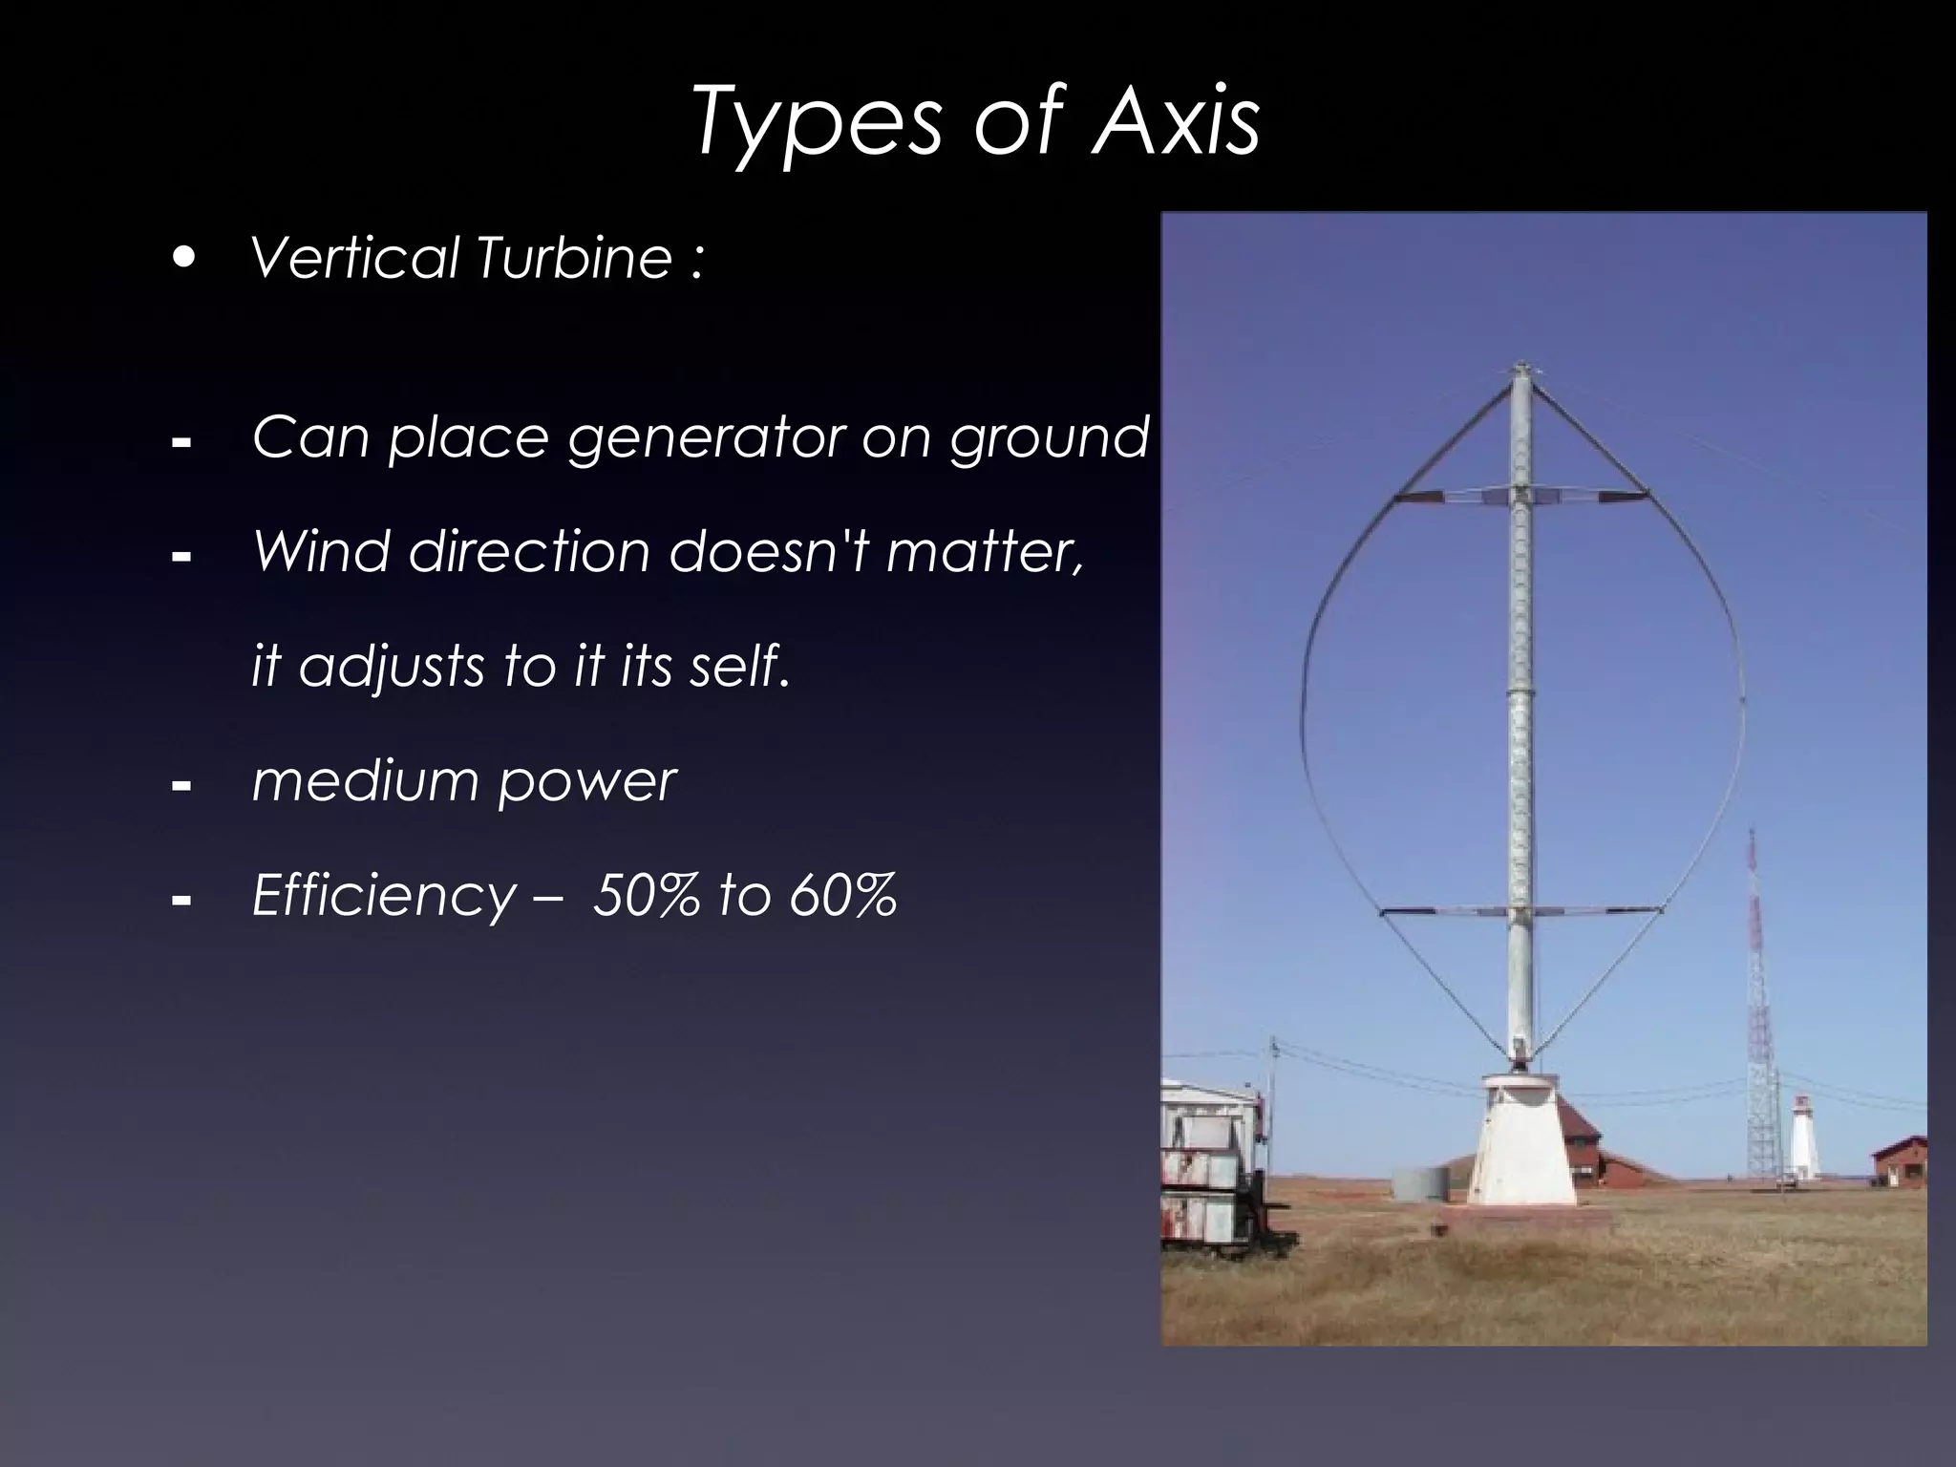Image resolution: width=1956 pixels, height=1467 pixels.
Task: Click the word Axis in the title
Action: click(1177, 122)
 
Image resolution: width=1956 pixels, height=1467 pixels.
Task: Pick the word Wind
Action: click(320, 551)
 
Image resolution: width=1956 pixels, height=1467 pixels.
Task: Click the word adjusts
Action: click(393, 666)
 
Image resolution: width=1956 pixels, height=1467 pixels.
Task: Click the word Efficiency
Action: click(383, 896)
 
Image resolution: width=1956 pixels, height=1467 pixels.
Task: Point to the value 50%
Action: click(645, 896)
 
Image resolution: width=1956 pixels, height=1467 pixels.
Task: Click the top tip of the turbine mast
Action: click(1520, 366)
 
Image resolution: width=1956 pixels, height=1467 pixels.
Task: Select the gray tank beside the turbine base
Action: click(1419, 1184)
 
